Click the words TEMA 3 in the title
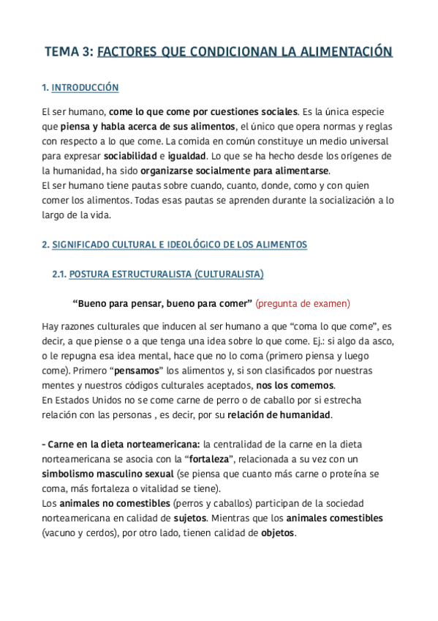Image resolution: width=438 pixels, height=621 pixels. click(x=69, y=52)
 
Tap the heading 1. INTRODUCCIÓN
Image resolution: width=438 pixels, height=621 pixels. click(x=80, y=88)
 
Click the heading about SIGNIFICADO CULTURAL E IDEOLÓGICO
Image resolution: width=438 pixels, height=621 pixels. click(x=175, y=245)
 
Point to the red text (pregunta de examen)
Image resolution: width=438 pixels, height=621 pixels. click(x=303, y=302)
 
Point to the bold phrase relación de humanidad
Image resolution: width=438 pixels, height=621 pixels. click(x=279, y=415)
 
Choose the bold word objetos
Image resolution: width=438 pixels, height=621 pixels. click(x=277, y=532)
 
